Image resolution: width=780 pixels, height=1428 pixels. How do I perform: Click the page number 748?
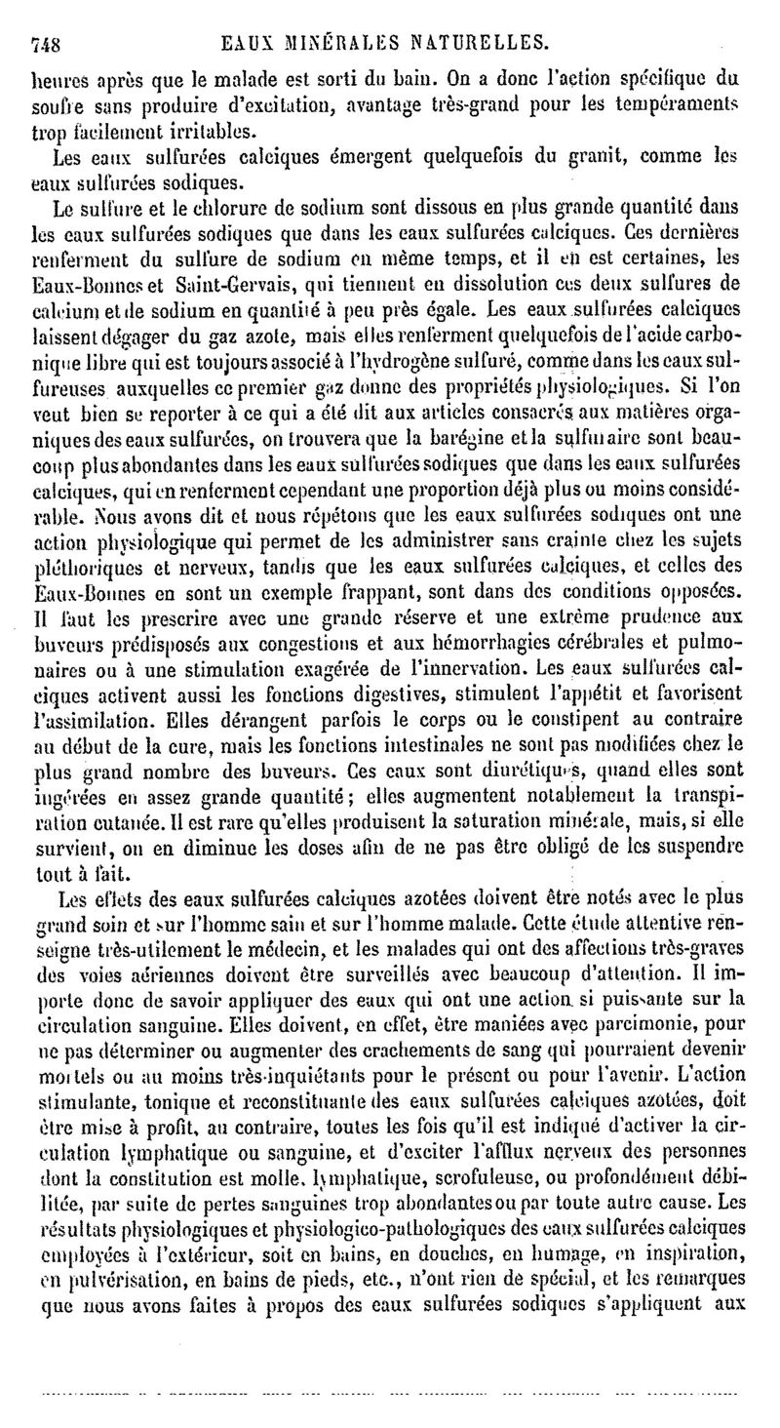pos(47,41)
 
